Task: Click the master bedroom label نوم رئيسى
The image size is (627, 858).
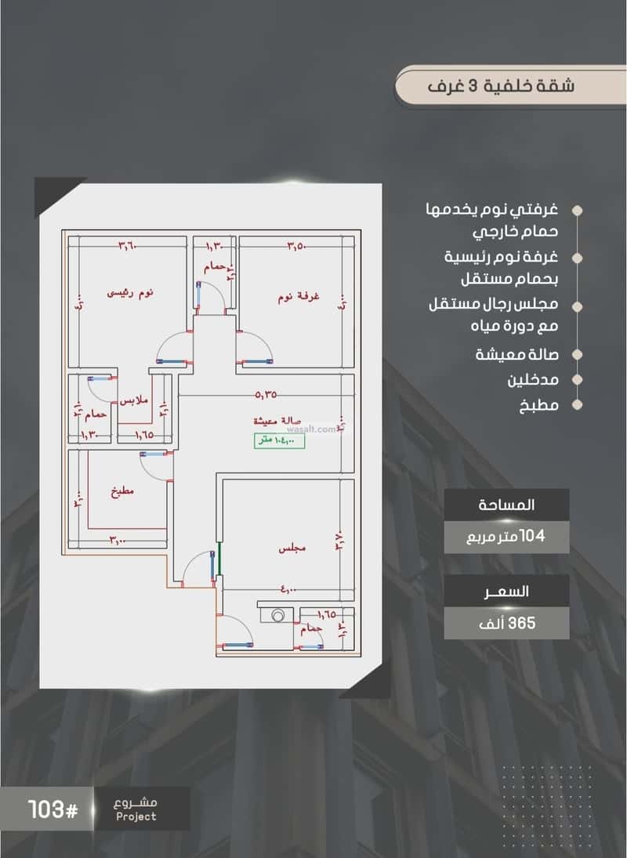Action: (x=130, y=292)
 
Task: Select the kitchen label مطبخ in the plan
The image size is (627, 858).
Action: (x=122, y=491)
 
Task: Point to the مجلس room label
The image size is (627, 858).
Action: (x=292, y=549)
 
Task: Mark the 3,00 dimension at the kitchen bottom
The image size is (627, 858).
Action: (x=118, y=541)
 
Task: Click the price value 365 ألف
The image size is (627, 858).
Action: (x=506, y=623)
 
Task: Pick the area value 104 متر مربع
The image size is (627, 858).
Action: (x=506, y=538)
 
